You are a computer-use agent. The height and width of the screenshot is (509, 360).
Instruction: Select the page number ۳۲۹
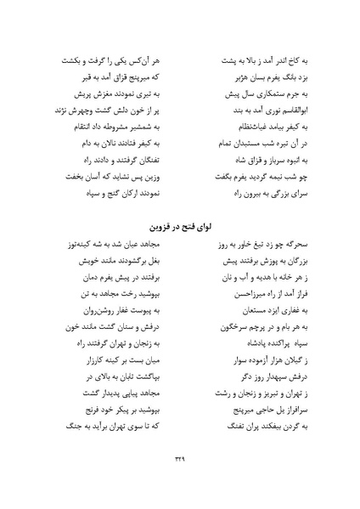179,482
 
